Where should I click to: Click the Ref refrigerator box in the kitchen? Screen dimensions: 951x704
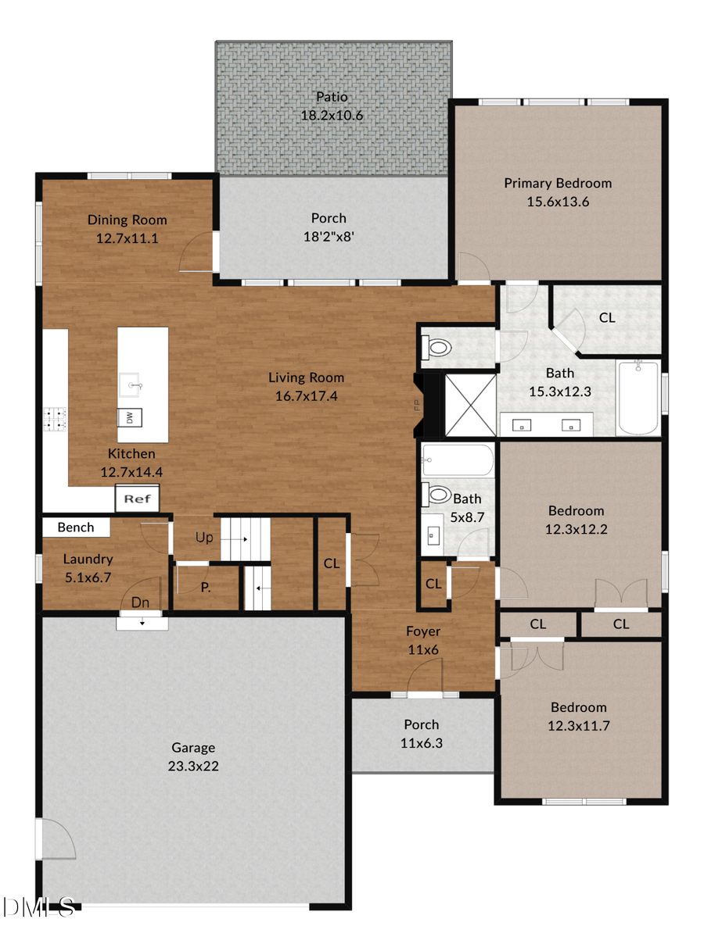tap(138, 498)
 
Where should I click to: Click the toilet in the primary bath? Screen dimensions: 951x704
tap(436, 345)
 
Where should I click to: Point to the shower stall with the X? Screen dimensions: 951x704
tap(470, 404)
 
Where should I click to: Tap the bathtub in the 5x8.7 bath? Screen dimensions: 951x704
tap(458, 461)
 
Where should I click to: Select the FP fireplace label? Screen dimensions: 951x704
tap(417, 405)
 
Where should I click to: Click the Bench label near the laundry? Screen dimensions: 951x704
tap(76, 527)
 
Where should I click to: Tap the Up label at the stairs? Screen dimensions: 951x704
tap(204, 538)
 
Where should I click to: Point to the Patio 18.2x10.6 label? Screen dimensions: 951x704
tap(332, 106)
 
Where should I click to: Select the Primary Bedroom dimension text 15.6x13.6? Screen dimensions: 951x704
tap(558, 202)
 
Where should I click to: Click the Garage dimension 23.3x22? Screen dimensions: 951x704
tap(193, 766)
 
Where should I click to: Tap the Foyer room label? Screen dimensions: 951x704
tap(422, 631)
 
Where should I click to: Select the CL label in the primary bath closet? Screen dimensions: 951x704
tap(607, 318)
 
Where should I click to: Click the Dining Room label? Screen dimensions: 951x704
tap(127, 220)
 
